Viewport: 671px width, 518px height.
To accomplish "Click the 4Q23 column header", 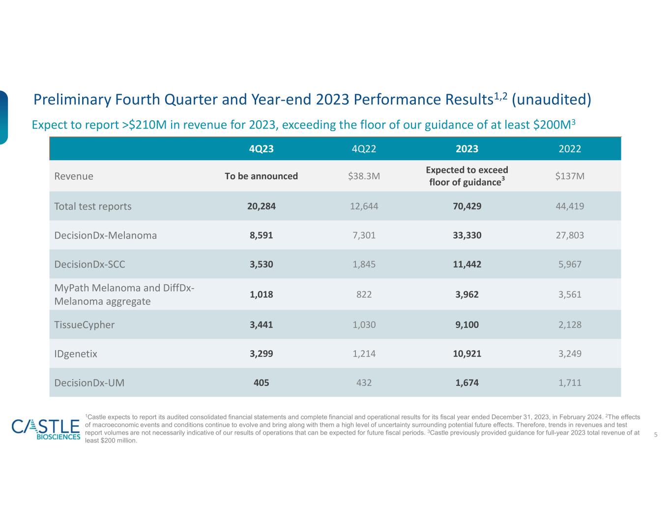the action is tap(261, 149).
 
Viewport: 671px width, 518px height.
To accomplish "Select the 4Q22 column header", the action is tap(364, 149).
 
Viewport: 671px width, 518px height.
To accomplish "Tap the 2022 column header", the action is tap(570, 149).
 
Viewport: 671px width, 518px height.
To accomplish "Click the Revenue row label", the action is tap(74, 176).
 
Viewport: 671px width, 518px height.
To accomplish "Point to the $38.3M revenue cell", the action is tap(364, 176).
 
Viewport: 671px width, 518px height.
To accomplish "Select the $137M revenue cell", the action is tap(570, 176).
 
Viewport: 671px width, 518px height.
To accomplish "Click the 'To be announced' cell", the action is tap(261, 176).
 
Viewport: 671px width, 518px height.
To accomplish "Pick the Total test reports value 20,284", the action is tap(261, 206).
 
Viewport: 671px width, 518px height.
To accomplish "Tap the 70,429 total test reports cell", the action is tap(467, 206).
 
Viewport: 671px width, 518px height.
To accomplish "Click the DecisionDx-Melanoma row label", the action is tap(106, 235).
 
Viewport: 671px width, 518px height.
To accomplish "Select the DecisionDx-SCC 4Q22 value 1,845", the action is tap(364, 264).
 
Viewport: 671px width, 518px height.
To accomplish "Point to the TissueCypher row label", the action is tap(84, 325).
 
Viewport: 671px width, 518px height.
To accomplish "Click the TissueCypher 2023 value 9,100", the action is tap(467, 325).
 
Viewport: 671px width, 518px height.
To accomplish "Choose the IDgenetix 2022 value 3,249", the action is tap(570, 354).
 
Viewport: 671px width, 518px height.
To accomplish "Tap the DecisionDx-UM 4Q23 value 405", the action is tap(261, 382).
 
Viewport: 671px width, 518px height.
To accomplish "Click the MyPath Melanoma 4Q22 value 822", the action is tap(364, 295).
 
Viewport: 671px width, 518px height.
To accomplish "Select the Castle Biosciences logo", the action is tap(46, 429).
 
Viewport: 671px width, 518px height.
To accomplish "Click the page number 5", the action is tap(656, 435).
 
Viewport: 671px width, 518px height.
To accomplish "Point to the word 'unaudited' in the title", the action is tap(551, 99).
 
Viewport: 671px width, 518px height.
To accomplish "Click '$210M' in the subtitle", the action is tap(147, 125).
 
